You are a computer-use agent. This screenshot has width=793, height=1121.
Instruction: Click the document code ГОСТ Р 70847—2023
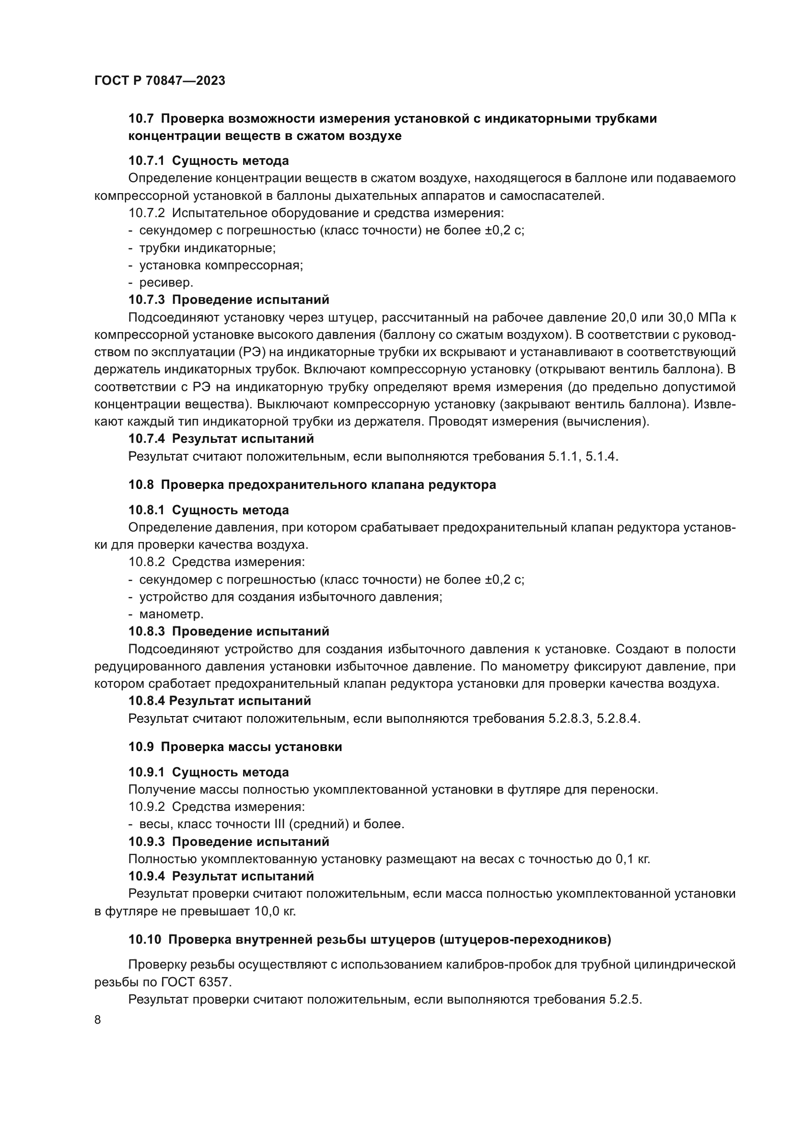coord(160,81)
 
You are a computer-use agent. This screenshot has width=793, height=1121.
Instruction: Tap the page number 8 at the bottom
coord(98,1019)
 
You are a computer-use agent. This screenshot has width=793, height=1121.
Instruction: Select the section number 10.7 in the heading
coord(141,119)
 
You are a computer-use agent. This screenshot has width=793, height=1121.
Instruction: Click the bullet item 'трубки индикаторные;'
coord(208,248)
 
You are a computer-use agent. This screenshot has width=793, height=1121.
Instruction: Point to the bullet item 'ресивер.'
coord(166,282)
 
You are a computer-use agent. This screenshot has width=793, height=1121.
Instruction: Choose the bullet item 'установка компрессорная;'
coord(221,265)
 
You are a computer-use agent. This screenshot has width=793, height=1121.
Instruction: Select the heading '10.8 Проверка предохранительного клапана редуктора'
coord(312,485)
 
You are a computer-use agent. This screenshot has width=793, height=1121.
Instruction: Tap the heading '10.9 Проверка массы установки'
coord(235,747)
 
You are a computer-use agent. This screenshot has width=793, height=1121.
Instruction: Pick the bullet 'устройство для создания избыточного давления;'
coord(291,597)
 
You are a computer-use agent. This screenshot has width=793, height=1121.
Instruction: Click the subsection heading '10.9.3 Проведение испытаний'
coord(229,841)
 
